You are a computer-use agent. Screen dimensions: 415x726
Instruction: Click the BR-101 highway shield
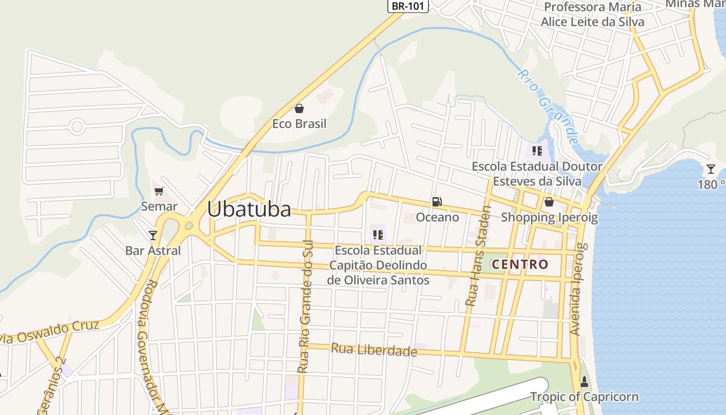pyautogui.click(x=409, y=6)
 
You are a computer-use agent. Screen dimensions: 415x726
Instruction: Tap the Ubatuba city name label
pyautogui.click(x=249, y=209)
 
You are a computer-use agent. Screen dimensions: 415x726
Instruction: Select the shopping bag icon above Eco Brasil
pyautogui.click(x=299, y=108)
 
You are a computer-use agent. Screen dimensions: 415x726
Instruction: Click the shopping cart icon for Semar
pyautogui.click(x=159, y=191)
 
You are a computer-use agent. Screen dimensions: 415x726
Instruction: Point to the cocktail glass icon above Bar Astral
pyautogui.click(x=153, y=236)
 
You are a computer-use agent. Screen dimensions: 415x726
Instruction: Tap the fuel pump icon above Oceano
pyautogui.click(x=437, y=202)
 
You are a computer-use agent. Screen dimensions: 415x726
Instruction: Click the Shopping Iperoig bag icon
pyautogui.click(x=549, y=202)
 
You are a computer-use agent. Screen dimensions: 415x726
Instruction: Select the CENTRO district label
pyautogui.click(x=520, y=264)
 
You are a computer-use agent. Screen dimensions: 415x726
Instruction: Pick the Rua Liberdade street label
pyautogui.click(x=374, y=350)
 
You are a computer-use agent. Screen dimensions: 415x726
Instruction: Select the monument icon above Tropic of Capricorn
pyautogui.click(x=584, y=382)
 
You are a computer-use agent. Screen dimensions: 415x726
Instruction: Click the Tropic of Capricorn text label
pyautogui.click(x=584, y=397)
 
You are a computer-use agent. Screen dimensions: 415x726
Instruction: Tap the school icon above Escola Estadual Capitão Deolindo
pyautogui.click(x=378, y=235)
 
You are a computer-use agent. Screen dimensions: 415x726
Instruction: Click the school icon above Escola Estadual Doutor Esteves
pyautogui.click(x=537, y=151)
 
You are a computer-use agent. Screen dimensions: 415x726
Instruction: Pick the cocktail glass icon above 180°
pyautogui.click(x=710, y=169)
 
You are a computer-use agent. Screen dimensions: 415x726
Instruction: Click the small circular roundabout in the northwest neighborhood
pyautogui.click(x=77, y=126)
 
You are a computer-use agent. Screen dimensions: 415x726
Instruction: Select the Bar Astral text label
pyautogui.click(x=153, y=251)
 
